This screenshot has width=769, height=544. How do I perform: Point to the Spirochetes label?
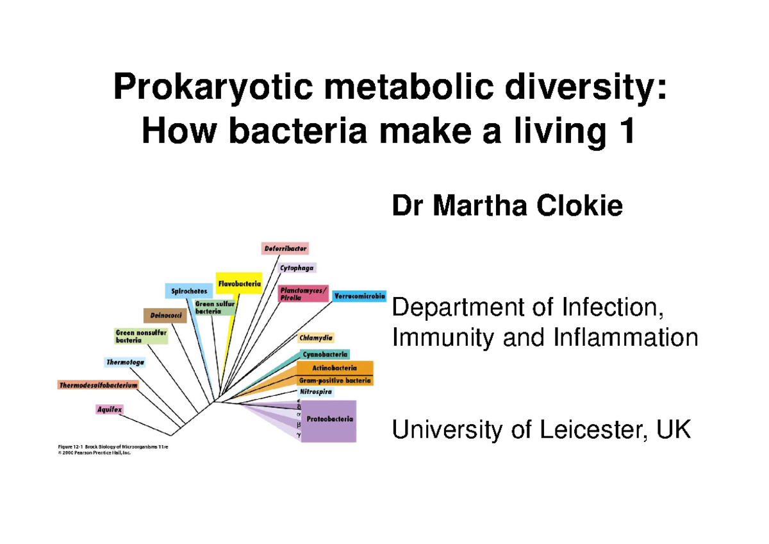pyautogui.click(x=188, y=291)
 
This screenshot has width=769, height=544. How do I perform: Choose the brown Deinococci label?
pyautogui.click(x=165, y=315)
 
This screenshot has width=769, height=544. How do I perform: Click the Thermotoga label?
pyautogui.click(x=125, y=362)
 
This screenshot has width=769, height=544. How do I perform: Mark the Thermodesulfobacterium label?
pyautogui.click(x=98, y=386)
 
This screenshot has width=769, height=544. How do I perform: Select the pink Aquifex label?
pyautogui.click(x=109, y=409)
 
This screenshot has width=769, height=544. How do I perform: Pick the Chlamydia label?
pyautogui.click(x=316, y=337)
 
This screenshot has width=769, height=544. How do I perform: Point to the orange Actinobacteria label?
pyautogui.click(x=335, y=368)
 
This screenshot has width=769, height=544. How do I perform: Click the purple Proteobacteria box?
pyautogui.click(x=329, y=420)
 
